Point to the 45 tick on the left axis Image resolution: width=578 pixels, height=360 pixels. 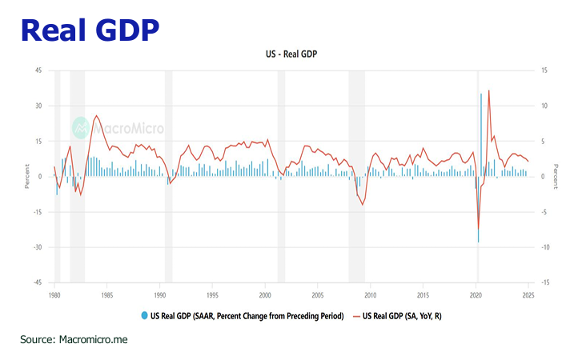click(x=38, y=70)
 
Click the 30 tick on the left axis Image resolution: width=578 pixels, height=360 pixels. click(x=38, y=106)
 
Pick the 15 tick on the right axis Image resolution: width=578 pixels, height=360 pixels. click(x=545, y=70)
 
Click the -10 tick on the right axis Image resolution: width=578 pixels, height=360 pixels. click(x=547, y=247)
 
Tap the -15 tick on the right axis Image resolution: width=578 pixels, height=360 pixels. click(x=547, y=282)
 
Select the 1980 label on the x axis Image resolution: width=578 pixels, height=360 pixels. click(x=54, y=294)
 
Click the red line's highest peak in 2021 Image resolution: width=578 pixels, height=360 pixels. click(x=488, y=91)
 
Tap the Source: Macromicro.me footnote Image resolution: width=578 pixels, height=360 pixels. click(x=74, y=339)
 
